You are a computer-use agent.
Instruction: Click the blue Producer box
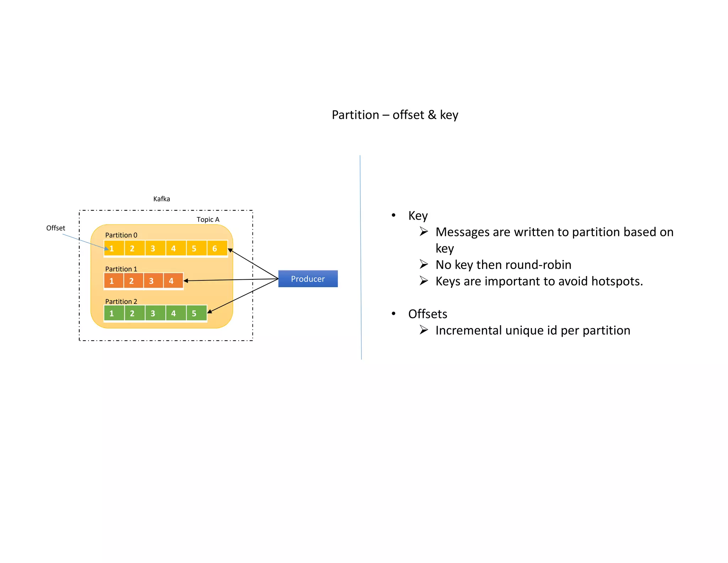308,279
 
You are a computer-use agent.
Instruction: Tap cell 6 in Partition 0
217,248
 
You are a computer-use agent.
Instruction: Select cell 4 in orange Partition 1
173,281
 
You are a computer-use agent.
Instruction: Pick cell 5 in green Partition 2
196,313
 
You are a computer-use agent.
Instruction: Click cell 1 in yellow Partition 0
114,248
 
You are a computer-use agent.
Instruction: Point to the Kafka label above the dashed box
161,199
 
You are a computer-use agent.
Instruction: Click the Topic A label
208,220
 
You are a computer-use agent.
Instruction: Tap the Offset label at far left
55,228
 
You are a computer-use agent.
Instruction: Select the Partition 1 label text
121,269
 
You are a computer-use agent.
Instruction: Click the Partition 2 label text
121,301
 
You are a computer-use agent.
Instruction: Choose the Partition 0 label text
121,235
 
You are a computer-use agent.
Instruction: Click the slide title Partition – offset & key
395,115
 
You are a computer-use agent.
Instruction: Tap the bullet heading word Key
418,216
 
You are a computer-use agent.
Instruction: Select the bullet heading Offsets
427,314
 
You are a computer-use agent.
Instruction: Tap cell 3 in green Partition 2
155,313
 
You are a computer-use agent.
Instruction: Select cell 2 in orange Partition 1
133,281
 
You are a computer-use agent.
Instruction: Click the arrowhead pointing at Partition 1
186,281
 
